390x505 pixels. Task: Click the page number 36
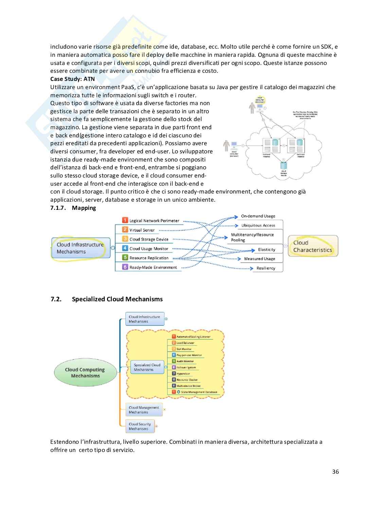click(335, 472)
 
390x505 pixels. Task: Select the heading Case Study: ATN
click(72, 79)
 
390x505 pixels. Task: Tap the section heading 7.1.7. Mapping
click(73, 208)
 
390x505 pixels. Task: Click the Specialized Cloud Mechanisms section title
click(117, 299)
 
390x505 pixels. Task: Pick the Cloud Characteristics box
click(313, 246)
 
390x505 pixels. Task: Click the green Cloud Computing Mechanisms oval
click(85, 373)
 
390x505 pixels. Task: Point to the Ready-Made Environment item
click(153, 267)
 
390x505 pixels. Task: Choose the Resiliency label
click(266, 268)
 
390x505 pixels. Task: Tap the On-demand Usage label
click(258, 216)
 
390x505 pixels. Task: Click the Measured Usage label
click(260, 259)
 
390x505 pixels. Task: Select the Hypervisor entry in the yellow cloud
click(183, 373)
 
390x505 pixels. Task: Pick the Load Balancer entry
click(185, 343)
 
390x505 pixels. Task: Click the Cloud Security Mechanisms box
click(140, 426)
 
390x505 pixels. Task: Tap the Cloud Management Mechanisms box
click(144, 410)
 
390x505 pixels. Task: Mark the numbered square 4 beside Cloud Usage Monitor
click(125, 249)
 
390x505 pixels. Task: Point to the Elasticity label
click(266, 250)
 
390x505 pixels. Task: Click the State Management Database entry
click(199, 392)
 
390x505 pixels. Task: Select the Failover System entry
click(186, 367)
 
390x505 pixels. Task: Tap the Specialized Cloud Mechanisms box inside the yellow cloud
click(147, 367)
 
